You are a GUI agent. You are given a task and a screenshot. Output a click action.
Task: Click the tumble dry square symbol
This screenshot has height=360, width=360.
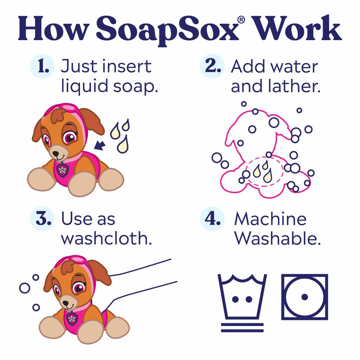tap(304, 296)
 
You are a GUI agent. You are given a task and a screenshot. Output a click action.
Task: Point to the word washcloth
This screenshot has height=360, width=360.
tap(106, 238)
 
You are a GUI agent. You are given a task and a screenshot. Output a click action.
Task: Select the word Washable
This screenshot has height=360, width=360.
tap(277, 238)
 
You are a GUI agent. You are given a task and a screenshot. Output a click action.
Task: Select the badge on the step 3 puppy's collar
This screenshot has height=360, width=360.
tap(71, 317)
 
